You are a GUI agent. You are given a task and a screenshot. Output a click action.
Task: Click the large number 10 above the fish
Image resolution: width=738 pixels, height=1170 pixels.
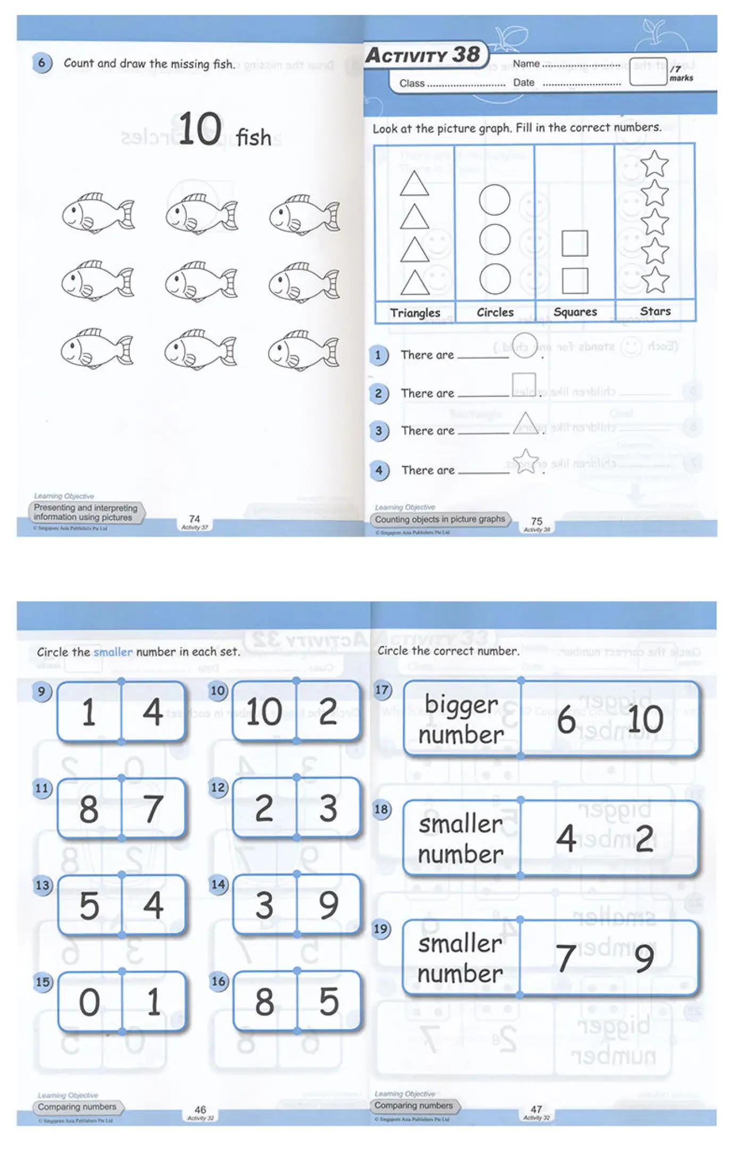200,129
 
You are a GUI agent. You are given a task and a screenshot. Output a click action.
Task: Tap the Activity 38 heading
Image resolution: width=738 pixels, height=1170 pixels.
423,55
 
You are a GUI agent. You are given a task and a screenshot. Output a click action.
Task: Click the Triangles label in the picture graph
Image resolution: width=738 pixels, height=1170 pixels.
415,313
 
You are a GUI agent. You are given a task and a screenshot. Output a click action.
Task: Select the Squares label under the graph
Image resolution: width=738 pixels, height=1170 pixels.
575,312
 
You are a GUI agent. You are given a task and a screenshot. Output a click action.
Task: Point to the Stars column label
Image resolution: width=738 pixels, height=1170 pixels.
655,312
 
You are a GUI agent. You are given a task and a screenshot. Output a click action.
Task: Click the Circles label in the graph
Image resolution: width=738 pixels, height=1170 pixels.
495,313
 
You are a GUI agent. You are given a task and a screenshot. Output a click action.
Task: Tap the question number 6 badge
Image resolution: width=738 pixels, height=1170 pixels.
42,63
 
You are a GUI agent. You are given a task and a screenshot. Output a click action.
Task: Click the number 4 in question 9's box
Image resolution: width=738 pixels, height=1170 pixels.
153,712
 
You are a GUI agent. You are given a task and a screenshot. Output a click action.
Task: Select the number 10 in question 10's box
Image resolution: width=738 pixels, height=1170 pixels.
264,712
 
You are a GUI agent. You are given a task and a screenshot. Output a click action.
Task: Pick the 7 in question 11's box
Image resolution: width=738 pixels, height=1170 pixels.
153,809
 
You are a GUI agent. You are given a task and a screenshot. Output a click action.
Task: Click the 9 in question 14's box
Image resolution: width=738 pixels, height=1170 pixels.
328,905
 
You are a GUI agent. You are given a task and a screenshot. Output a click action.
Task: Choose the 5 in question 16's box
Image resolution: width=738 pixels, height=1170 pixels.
328,1001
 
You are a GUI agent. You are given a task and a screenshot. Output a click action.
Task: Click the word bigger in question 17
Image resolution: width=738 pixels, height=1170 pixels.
461,705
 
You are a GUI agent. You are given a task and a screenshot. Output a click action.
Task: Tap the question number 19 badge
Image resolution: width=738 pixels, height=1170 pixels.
381,929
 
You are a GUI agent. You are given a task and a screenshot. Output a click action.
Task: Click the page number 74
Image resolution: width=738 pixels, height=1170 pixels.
195,519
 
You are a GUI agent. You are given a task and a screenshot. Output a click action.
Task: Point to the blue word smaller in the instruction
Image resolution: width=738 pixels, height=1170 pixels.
113,652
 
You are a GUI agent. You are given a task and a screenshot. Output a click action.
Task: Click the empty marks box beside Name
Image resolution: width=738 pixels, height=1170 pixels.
647,72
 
